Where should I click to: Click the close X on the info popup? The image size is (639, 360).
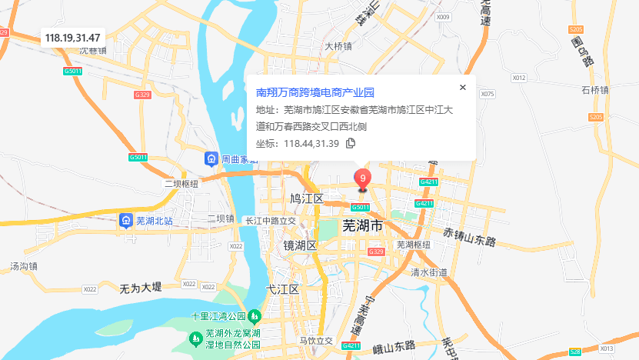point(463,88)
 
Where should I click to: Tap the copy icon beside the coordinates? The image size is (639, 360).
point(351,143)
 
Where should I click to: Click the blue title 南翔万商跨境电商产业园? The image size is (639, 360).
point(315,92)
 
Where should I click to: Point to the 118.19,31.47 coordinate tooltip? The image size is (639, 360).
point(78,37)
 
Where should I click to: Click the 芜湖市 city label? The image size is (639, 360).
point(362,227)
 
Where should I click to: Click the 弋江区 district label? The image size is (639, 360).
point(281,289)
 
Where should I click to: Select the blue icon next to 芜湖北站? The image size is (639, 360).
point(125,221)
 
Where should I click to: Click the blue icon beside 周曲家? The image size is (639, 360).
point(211,159)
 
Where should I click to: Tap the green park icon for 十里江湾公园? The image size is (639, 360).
point(255,316)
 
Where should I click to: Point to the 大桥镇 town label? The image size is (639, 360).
point(338,46)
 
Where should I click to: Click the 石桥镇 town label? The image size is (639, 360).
point(595,90)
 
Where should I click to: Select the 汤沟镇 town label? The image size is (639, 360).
point(24,266)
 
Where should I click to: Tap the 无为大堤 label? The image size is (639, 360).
point(141,287)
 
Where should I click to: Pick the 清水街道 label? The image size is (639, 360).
point(428,272)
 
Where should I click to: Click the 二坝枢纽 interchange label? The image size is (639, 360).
point(181,184)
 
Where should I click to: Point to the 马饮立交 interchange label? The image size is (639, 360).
point(316,340)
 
